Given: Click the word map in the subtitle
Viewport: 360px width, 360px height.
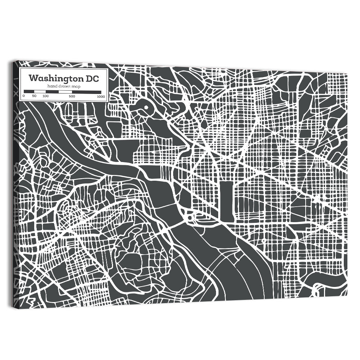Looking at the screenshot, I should click(76, 86).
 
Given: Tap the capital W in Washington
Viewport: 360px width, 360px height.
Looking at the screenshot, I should click(32, 78).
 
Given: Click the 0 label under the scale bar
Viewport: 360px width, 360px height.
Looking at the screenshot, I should click(23, 96).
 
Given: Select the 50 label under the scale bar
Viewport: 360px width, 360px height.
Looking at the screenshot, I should click(34, 96).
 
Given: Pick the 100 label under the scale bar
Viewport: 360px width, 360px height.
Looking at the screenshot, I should click(45, 96).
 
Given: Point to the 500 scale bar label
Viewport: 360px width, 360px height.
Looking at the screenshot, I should click(72, 96).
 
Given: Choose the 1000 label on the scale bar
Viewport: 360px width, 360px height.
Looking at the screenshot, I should click(101, 96).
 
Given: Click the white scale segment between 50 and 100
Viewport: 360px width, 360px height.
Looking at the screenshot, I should click(40, 92).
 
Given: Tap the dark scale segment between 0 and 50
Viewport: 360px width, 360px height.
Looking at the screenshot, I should click(29, 92).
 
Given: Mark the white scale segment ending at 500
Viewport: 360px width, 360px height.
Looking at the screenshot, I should click(65, 92).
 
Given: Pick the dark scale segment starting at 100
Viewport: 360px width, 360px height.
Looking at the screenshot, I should click(52, 92).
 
